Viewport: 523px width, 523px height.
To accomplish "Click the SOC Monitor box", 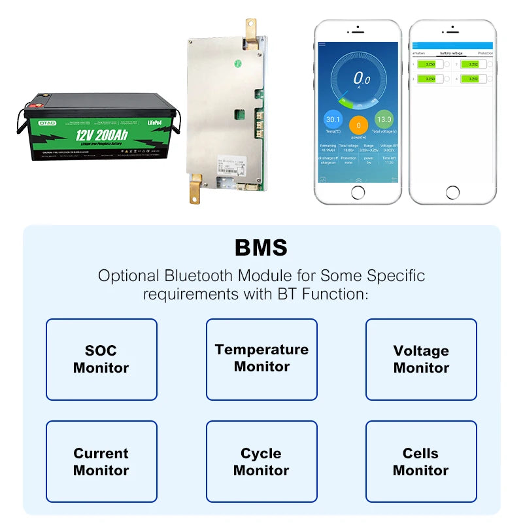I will tap(101, 359).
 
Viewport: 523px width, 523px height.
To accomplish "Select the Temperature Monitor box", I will tap(261, 359).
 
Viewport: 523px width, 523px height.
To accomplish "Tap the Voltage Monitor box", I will tap(421, 359).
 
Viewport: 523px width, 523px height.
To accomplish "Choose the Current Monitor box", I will tap(101, 462).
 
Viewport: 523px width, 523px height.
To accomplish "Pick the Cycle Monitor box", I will tap(261, 462).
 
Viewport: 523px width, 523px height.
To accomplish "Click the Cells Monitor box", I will tap(421, 462).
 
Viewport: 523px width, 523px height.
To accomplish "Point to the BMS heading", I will tap(261, 248).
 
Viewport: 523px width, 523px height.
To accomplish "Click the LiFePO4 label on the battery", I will tap(152, 122).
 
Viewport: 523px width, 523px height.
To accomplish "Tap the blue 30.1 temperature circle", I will tap(333, 120).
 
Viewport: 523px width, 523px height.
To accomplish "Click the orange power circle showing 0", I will tap(358, 126).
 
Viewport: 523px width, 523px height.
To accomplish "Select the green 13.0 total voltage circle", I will tap(384, 120).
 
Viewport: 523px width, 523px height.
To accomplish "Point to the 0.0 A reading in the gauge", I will tap(362, 80).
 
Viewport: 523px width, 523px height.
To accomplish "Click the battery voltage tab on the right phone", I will tap(451, 52).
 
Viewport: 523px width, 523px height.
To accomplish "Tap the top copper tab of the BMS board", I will tap(250, 27).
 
